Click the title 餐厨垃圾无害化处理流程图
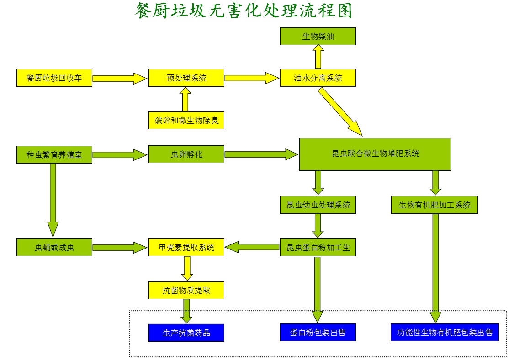tap(244, 11)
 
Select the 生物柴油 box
tap(318, 37)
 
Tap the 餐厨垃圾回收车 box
tap(54, 78)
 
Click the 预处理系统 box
tap(186, 78)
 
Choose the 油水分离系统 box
tap(318, 78)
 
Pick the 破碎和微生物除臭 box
tap(186, 121)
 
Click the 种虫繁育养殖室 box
tap(54, 154)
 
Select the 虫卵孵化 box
tap(186, 154)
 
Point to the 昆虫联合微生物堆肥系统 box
tap(375, 154)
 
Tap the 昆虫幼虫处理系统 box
tap(318, 205)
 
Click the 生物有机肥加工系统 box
tap(435, 205)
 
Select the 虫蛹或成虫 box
tap(54, 248)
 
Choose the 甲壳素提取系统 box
tap(186, 248)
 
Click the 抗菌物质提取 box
tap(186, 290)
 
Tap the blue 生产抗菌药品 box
tap(186, 333)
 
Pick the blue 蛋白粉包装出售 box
tap(318, 333)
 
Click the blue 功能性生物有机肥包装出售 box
tap(445, 333)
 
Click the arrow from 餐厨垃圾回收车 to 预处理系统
tap(120, 78)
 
